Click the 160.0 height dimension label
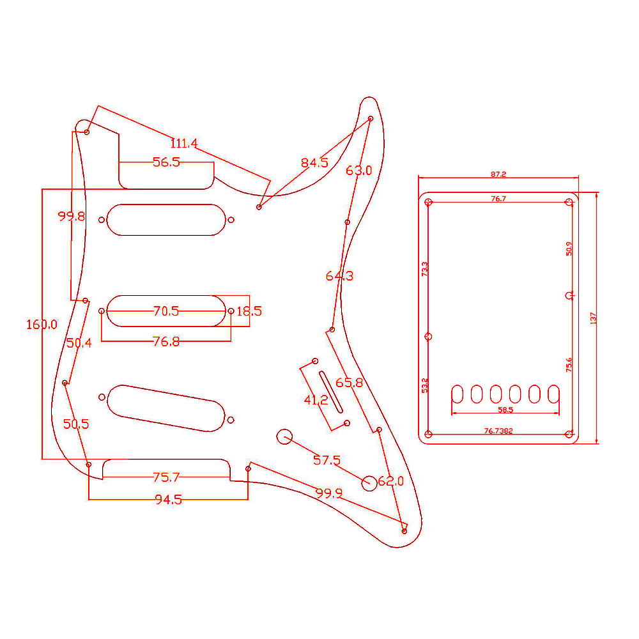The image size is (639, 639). click(x=42, y=325)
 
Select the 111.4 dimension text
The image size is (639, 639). click(x=184, y=143)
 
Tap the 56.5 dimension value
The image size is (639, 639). click(x=166, y=162)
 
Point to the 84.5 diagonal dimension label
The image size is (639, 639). click(x=314, y=163)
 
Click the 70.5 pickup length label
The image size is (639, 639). click(x=166, y=311)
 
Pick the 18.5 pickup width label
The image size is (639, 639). click(x=249, y=311)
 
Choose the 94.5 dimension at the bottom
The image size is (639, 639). click(x=168, y=500)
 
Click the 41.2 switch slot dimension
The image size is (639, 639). click(x=316, y=400)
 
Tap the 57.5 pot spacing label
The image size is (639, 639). click(x=327, y=460)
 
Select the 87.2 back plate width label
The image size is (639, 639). click(x=498, y=174)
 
